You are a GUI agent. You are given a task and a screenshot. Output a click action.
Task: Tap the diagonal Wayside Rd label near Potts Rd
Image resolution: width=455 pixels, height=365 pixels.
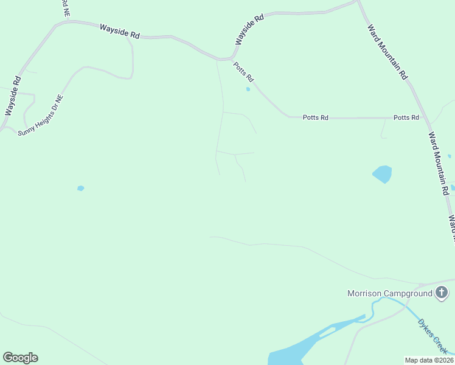pos(249,29)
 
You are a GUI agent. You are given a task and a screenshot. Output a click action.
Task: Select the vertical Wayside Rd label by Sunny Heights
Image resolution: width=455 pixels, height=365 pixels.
pos(13,96)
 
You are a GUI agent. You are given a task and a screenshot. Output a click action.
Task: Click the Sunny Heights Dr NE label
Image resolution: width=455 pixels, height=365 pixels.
pos(41,115)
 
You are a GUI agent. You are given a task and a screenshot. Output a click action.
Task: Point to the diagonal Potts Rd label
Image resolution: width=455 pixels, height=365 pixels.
pos(243,73)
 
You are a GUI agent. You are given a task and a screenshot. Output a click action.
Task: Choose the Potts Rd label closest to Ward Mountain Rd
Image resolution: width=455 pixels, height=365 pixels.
pos(406,117)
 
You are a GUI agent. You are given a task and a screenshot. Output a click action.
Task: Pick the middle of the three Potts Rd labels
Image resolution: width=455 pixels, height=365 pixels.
pos(315,117)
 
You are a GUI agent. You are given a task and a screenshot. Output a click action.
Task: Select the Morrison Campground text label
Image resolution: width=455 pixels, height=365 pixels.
pos(389,293)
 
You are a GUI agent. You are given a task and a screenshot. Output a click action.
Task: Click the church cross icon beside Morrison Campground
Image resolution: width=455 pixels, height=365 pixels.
pos(442,293)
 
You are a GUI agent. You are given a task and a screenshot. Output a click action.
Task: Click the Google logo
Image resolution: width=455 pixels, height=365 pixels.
pos(20,358)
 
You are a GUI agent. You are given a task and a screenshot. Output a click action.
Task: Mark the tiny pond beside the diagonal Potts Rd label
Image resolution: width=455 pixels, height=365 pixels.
pos(248,90)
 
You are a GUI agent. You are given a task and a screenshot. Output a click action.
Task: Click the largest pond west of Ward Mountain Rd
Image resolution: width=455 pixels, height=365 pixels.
pos(383,175)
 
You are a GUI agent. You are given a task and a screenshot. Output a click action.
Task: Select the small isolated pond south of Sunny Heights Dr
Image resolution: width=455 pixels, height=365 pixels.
pos(80,188)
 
